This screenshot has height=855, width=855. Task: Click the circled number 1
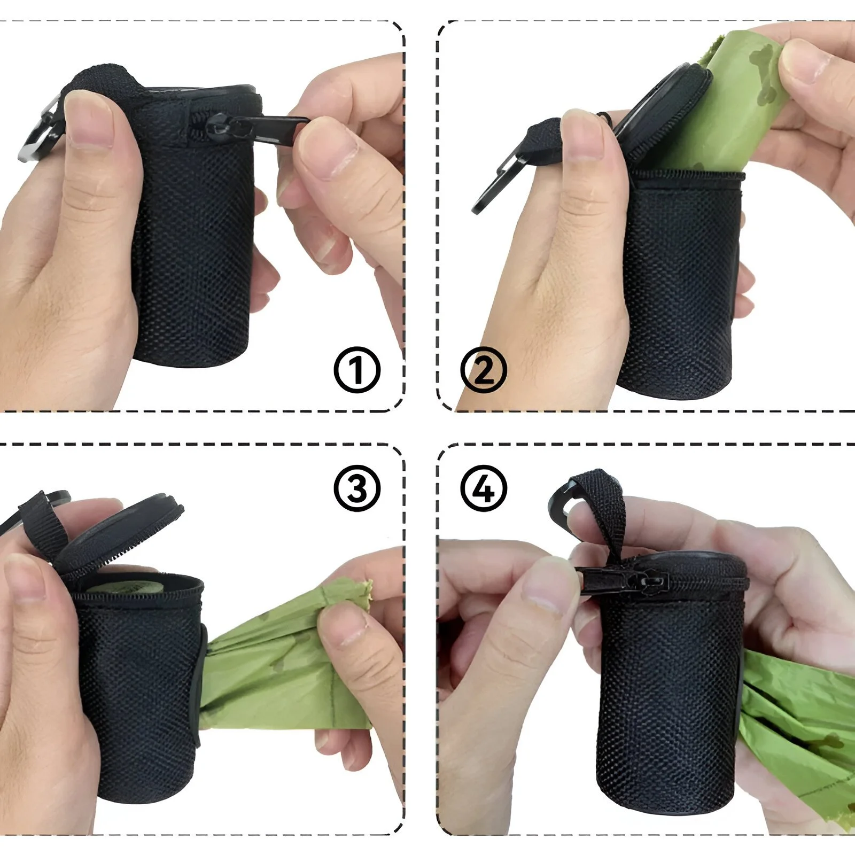[x=357, y=370]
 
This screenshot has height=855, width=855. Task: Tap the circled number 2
[x=484, y=370]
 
